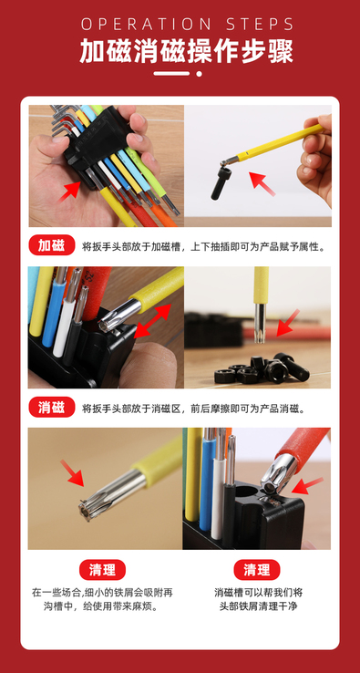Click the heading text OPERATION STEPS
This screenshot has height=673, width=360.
pyautogui.click(x=188, y=24)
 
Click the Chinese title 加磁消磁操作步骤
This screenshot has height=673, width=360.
pyautogui.click(x=186, y=52)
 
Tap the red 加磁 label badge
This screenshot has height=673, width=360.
pyautogui.click(x=51, y=245)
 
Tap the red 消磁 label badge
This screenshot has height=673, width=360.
pyautogui.click(x=51, y=408)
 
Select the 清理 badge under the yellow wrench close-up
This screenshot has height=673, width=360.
pyautogui.click(x=102, y=570)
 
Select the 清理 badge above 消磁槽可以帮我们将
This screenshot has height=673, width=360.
pyautogui.click(x=257, y=570)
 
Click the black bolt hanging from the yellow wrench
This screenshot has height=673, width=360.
pyautogui.click(x=221, y=183)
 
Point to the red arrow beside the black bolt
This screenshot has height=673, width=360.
pyautogui.click(x=262, y=183)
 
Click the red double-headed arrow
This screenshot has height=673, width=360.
pyautogui.click(x=153, y=321)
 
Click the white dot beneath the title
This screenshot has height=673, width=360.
pyautogui.click(x=199, y=74)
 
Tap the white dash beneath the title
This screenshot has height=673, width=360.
pyautogui.click(x=171, y=74)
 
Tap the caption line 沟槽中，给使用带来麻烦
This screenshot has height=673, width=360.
pyautogui.click(x=102, y=607)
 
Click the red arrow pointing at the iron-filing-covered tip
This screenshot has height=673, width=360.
pyautogui.click(x=72, y=473)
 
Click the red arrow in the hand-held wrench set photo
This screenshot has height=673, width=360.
pyautogui.click(x=69, y=192)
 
